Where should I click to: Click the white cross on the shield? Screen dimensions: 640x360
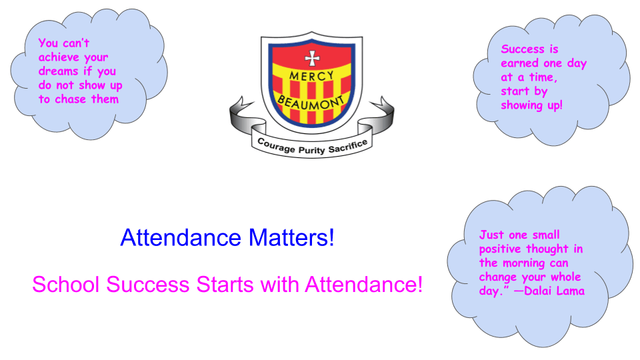(312, 59)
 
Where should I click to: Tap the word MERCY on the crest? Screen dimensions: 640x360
(312, 75)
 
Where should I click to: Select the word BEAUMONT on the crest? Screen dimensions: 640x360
(311, 103)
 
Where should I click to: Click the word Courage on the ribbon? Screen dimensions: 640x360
(276, 145)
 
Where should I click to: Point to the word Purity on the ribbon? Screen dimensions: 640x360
(312, 150)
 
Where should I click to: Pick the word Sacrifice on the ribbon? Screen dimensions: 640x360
(348, 146)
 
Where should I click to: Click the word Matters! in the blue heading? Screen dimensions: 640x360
(291, 237)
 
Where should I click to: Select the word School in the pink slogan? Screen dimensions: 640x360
(66, 285)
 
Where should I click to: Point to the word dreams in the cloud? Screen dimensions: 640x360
(59, 71)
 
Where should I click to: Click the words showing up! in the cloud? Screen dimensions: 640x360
(531, 105)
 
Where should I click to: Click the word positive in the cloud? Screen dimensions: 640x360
(500, 249)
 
